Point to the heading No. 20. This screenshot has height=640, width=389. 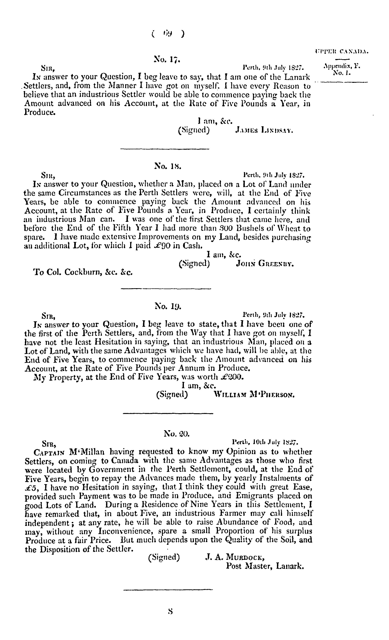tap(177, 433)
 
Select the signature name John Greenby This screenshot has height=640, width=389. tap(265, 264)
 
